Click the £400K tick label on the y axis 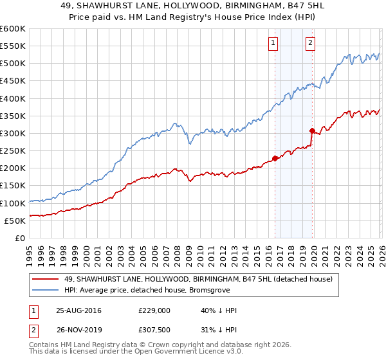tap(13, 98)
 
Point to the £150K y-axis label tap(13, 186)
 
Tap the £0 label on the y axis tap(19, 238)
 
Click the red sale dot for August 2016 tap(275, 157)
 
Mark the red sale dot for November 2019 tap(312, 130)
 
